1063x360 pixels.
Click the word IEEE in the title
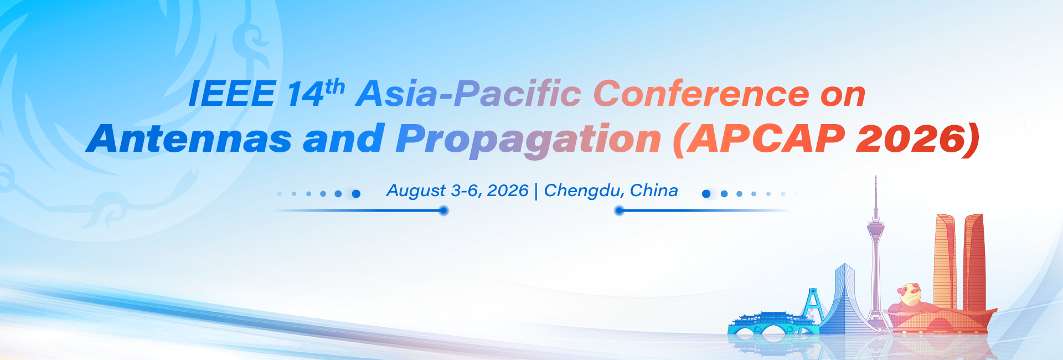pos(232,94)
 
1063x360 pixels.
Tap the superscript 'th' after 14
pos(335,87)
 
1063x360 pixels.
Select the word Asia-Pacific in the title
pos(468,93)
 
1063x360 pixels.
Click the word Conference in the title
pos(701,93)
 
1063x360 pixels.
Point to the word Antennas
pos(189,138)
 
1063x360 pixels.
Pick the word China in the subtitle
pos(654,191)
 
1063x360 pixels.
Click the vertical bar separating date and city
pos(536,192)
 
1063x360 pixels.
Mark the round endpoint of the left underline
pos(443,210)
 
